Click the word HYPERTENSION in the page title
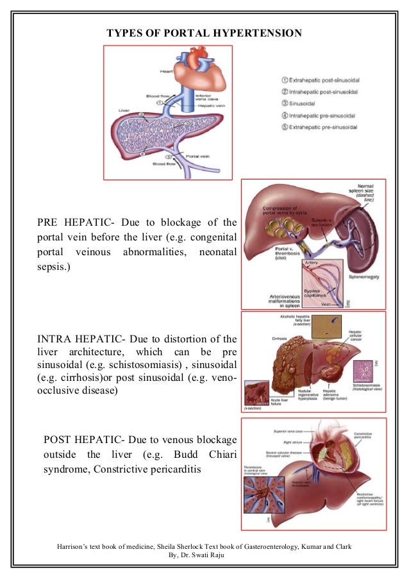click(x=253, y=33)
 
